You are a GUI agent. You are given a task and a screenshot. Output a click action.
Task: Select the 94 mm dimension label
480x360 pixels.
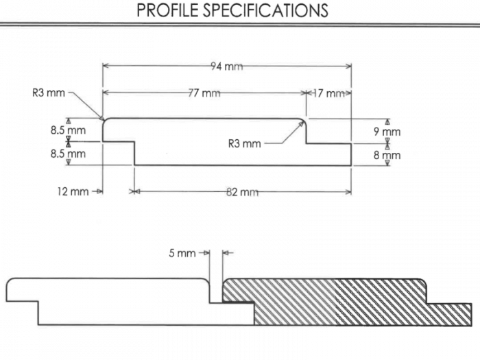(227, 67)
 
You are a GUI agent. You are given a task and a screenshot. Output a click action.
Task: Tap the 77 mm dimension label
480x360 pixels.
(204, 93)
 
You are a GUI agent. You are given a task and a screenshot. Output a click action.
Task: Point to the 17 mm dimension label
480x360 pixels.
(329, 93)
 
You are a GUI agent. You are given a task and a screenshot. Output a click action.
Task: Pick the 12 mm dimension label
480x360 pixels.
(73, 192)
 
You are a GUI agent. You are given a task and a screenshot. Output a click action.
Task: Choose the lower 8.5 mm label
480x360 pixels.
(68, 154)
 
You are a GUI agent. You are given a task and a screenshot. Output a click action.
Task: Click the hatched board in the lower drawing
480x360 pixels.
(343, 302)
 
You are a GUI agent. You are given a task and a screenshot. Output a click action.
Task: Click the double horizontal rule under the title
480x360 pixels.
(240, 25)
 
